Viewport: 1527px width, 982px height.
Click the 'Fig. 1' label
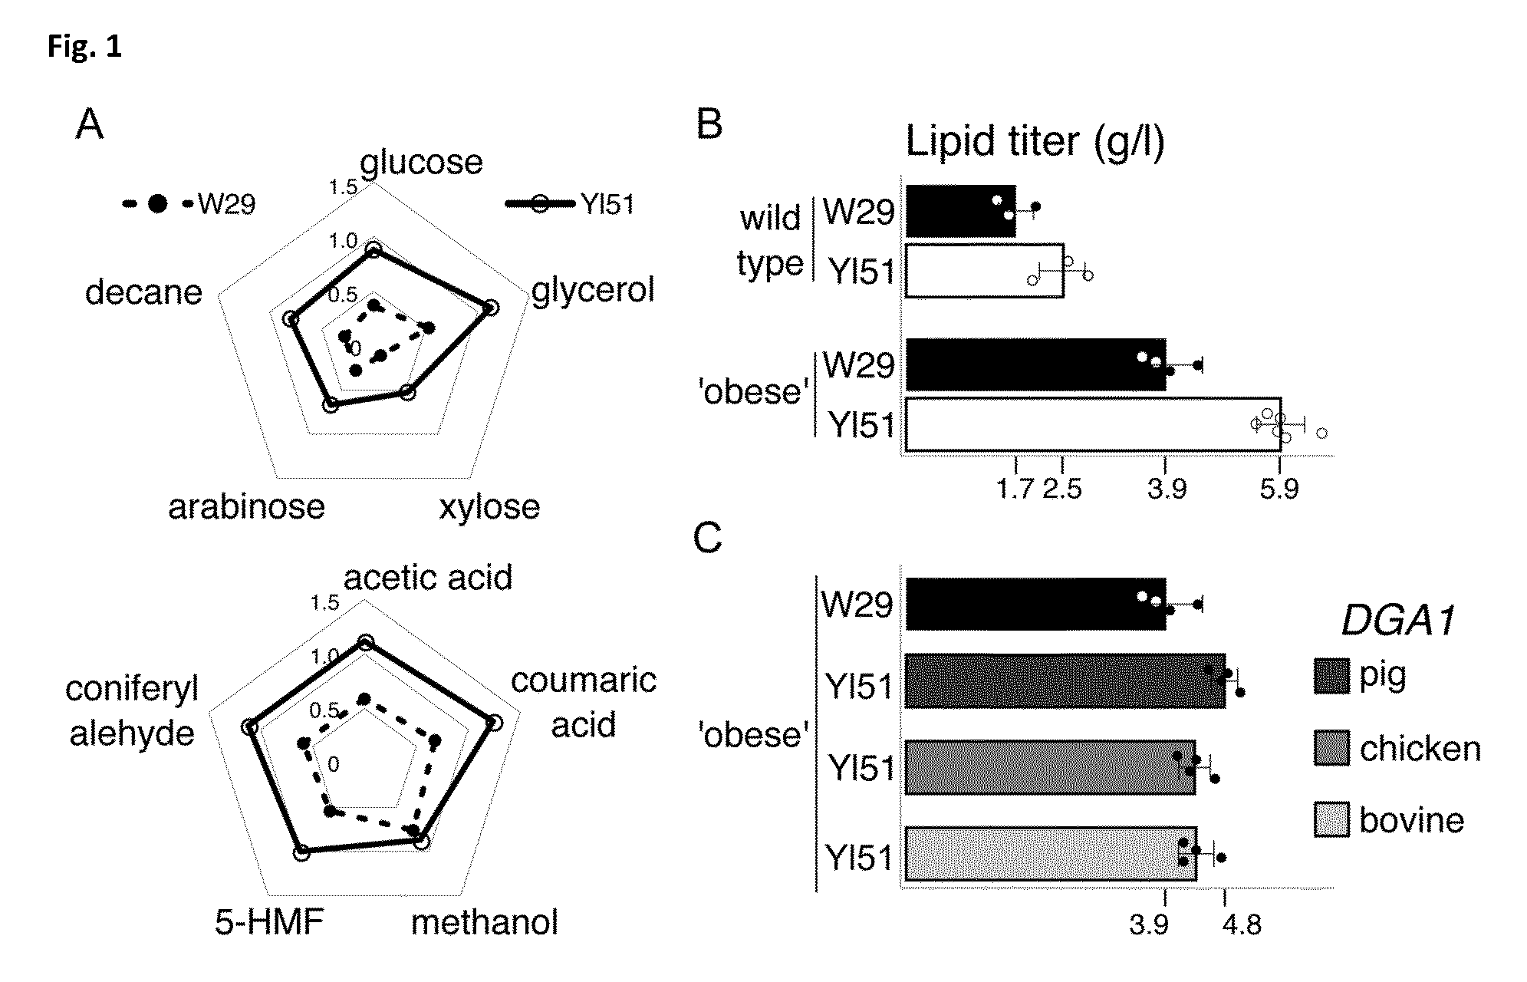click(84, 47)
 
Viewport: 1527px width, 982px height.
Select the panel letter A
click(89, 124)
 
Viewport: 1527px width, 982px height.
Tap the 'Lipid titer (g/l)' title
click(1035, 142)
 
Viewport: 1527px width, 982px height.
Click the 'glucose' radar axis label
click(421, 162)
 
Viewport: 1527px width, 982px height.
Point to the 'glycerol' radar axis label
click(594, 290)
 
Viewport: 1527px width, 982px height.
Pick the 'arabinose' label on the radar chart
click(246, 506)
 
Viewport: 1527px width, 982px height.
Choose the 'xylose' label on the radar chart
click(489, 507)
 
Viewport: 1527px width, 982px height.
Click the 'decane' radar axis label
click(143, 292)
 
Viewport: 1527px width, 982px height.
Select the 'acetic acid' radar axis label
click(428, 577)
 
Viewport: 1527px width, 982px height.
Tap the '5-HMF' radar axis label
click(269, 922)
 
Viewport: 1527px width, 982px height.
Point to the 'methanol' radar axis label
click(485, 922)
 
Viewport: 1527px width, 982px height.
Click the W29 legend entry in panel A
click(189, 204)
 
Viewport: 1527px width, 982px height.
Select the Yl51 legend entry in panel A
click(570, 204)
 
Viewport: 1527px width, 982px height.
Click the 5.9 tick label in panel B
click(1279, 488)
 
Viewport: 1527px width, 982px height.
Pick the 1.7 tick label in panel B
click(1015, 488)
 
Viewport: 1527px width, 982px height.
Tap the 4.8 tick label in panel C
click(1242, 926)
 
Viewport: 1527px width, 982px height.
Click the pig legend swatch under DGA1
click(1331, 676)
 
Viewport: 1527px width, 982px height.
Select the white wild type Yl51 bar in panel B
click(985, 270)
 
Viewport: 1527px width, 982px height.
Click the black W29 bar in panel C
click(1035, 604)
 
